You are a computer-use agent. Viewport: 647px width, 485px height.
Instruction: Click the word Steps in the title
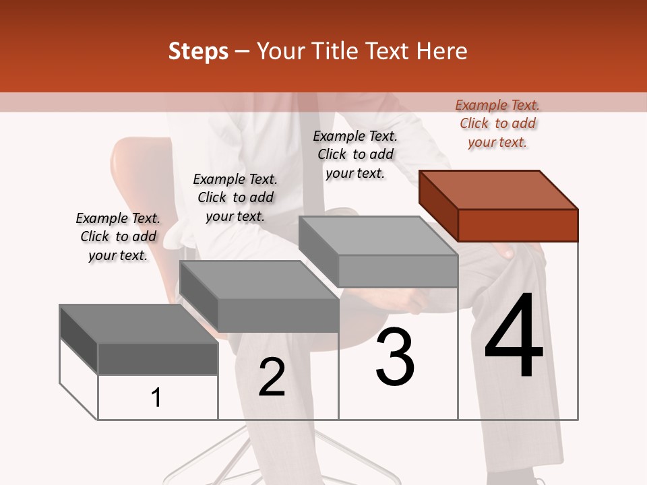click(x=198, y=51)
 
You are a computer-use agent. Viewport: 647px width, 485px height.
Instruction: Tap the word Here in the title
click(x=441, y=51)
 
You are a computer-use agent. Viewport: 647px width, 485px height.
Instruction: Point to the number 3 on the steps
click(x=395, y=357)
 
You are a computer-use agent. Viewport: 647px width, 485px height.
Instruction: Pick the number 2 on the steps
click(x=272, y=377)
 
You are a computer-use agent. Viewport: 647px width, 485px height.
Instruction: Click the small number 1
click(x=156, y=398)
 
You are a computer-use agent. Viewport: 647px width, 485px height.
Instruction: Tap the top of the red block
click(x=499, y=190)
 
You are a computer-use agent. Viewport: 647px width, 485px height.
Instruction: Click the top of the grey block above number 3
click(x=378, y=236)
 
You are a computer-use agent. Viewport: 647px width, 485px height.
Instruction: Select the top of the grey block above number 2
click(x=259, y=280)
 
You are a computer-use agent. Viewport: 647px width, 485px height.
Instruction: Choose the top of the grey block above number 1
click(x=139, y=324)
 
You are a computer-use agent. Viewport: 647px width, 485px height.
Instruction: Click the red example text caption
click(x=497, y=123)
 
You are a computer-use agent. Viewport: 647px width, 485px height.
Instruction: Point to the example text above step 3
click(x=355, y=154)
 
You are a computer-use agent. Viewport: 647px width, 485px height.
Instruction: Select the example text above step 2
click(x=235, y=197)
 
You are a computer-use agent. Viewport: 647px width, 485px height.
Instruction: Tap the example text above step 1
click(x=118, y=236)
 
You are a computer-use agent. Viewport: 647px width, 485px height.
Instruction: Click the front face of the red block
click(x=518, y=225)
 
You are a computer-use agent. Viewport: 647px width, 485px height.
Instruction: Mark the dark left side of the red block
click(x=438, y=206)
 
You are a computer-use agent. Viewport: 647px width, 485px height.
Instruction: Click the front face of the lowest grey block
click(x=158, y=359)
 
